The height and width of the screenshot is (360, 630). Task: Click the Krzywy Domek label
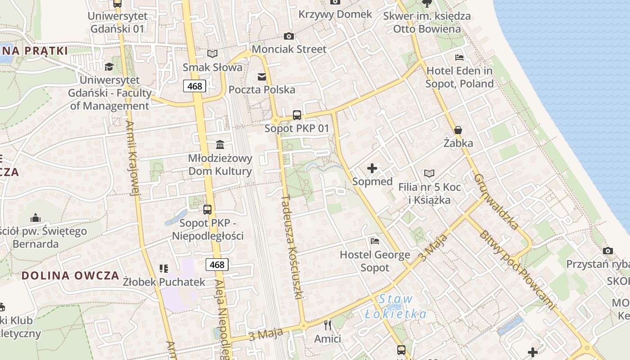[335, 14]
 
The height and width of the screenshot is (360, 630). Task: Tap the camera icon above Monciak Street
[289, 36]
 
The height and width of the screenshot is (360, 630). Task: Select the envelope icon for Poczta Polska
[262, 76]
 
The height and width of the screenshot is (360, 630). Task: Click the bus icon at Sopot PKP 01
[297, 115]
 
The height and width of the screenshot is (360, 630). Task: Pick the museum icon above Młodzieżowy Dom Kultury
[220, 145]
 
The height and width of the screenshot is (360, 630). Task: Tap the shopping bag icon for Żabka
[458, 130]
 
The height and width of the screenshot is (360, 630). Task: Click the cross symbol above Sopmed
[372, 169]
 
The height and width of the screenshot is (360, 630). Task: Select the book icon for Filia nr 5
[430, 173]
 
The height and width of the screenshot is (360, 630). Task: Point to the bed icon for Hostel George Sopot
[375, 241]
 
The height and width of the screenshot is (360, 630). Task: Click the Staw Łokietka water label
[396, 306]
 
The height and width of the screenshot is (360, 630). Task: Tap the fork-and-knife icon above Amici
[328, 325]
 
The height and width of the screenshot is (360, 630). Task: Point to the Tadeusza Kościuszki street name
[292, 247]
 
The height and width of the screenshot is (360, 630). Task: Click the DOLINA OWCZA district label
[71, 275]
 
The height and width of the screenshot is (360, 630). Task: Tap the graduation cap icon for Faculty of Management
[109, 67]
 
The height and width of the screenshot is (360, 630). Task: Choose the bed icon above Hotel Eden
[459, 58]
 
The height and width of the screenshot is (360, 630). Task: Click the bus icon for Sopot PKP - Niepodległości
[207, 210]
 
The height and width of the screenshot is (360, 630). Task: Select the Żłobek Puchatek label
[164, 282]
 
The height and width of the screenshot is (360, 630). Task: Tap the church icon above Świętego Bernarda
[36, 218]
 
